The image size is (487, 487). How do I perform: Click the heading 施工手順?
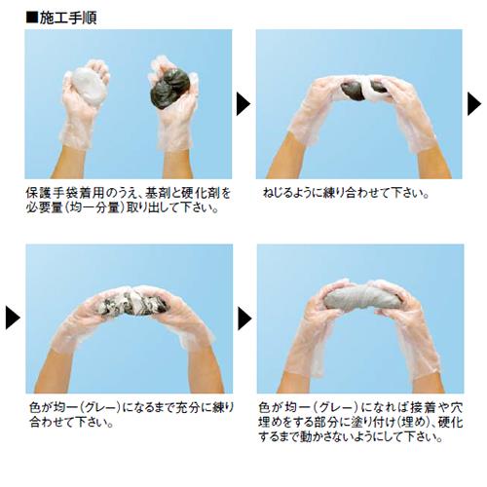[x=68, y=18]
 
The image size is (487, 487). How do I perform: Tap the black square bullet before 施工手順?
[x=32, y=18]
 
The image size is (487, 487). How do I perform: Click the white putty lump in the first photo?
[x=88, y=86]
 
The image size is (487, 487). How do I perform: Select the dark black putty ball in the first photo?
[x=170, y=89]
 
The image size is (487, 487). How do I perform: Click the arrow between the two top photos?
[x=243, y=104]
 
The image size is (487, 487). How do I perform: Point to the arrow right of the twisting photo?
[x=474, y=104]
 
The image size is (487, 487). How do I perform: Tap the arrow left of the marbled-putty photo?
[x=13, y=318]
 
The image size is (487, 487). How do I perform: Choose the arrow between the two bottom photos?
[x=244, y=318]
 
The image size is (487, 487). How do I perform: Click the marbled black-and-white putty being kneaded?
[x=132, y=304]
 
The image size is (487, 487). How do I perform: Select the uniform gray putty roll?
[x=363, y=298]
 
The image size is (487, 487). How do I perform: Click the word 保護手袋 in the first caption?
[x=52, y=193]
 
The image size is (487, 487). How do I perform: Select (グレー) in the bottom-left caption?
[x=102, y=407]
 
